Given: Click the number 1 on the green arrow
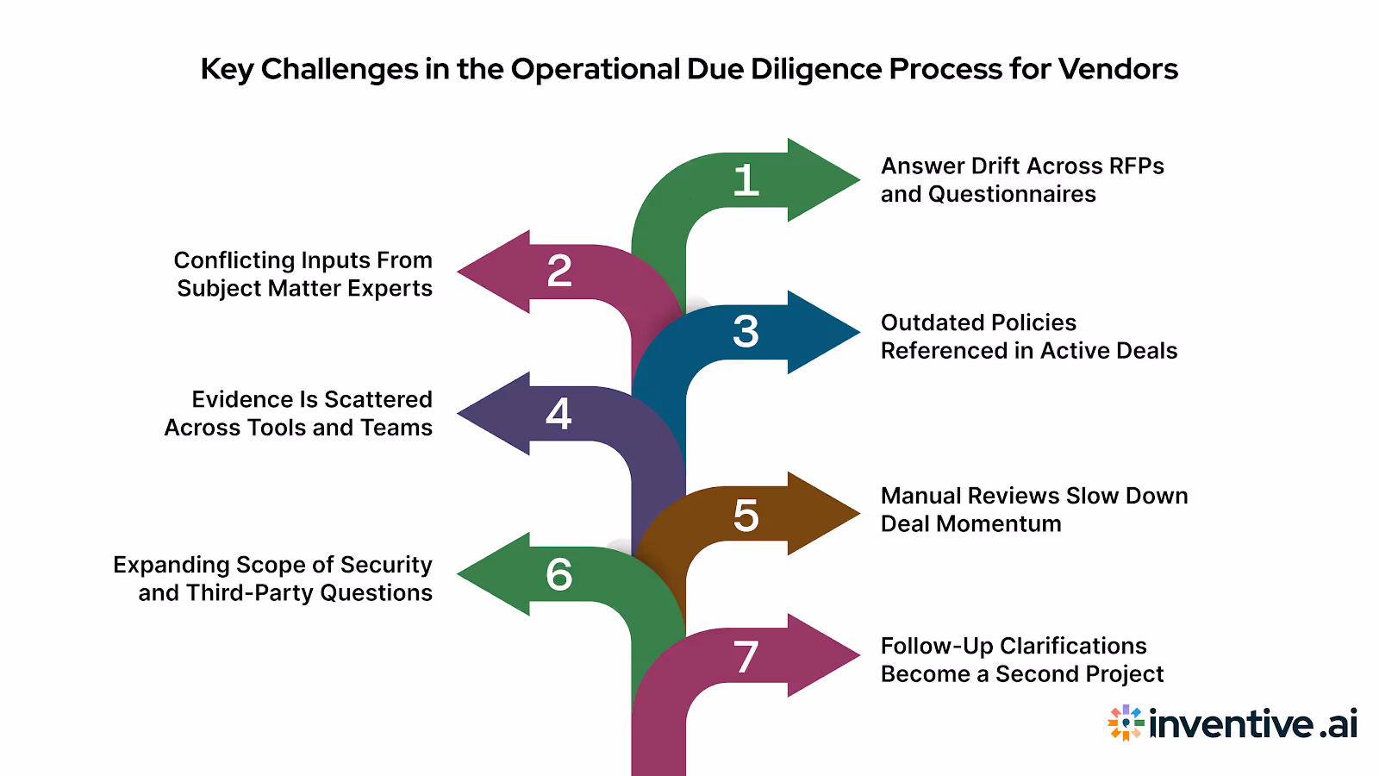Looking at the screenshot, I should (x=746, y=180).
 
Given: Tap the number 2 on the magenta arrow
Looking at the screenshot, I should (x=559, y=272).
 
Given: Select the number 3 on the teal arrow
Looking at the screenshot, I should (x=746, y=332).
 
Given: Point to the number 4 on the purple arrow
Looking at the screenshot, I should (x=558, y=414).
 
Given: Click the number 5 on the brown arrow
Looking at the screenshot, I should (x=746, y=516).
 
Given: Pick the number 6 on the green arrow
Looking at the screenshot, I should (x=558, y=574).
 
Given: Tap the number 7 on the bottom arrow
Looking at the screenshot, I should (x=746, y=657).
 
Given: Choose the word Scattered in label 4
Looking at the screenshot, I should (x=378, y=399).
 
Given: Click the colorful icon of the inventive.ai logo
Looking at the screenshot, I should (x=1126, y=723).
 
